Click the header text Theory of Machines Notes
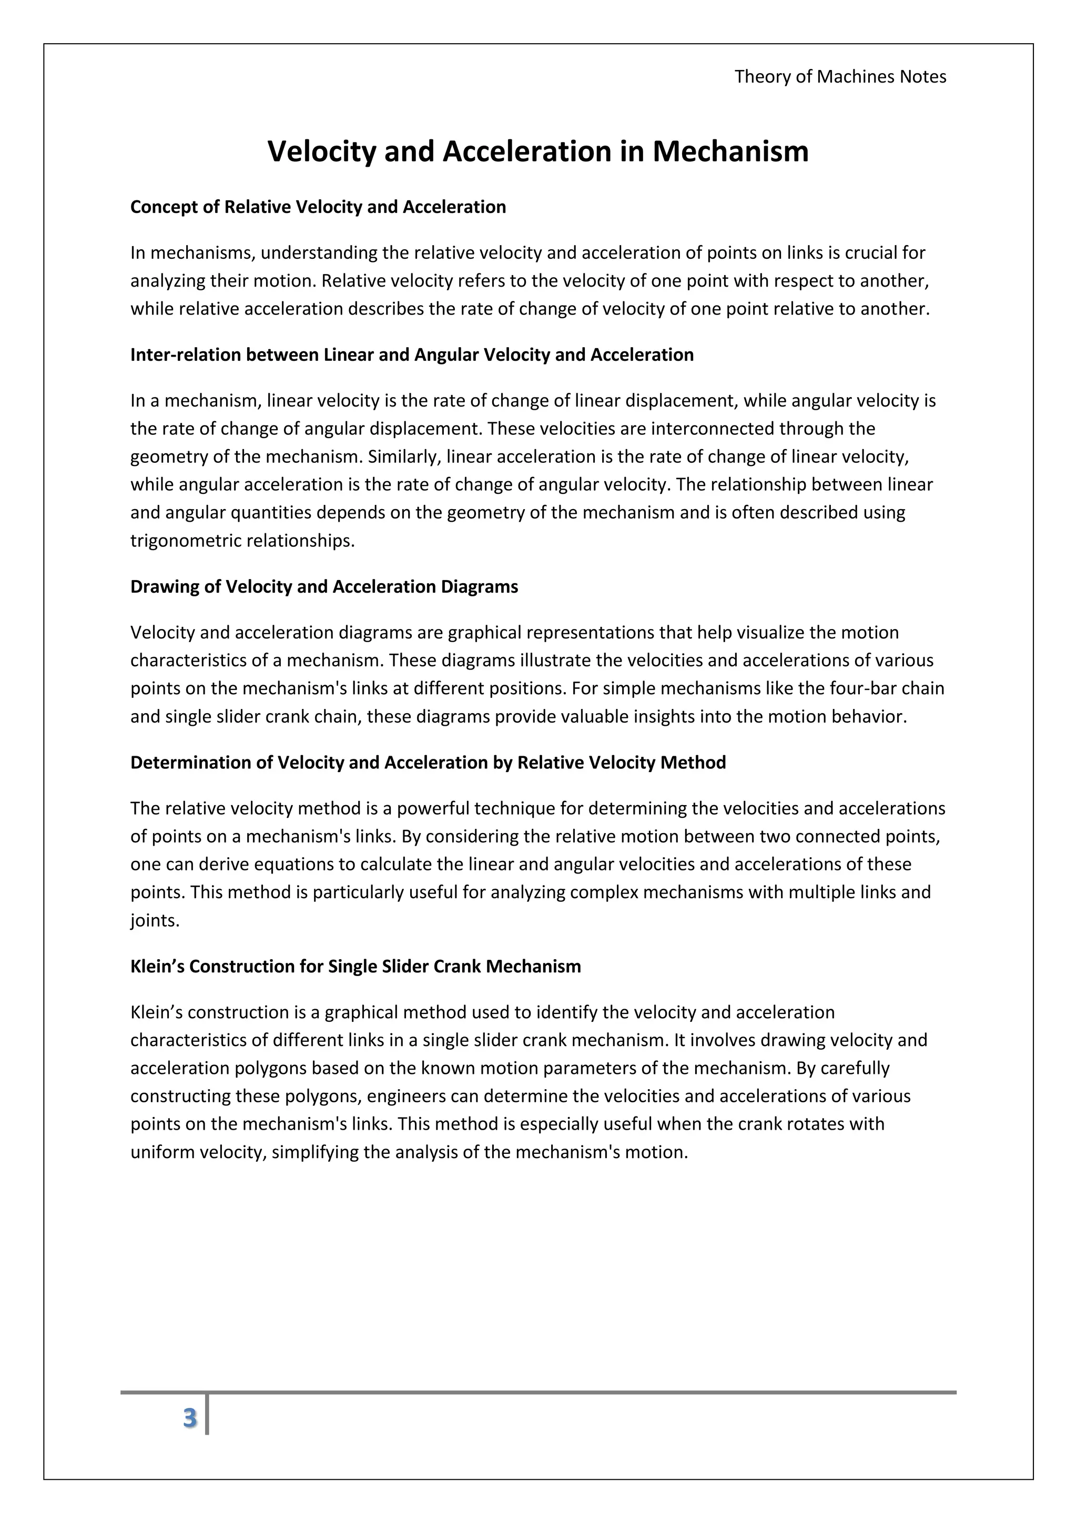tap(840, 77)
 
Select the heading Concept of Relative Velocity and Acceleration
tap(318, 207)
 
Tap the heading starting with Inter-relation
tap(411, 355)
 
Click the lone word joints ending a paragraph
tap(155, 921)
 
